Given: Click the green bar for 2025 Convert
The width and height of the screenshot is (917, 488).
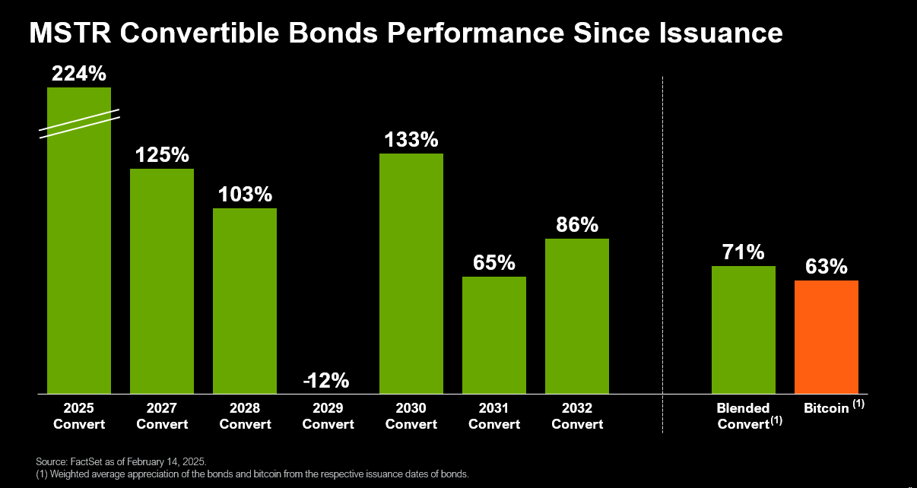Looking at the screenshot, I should click(x=79, y=258).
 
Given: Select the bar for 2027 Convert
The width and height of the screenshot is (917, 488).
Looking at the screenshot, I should click(x=162, y=281).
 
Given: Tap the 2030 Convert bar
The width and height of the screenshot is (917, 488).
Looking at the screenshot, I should click(x=411, y=274).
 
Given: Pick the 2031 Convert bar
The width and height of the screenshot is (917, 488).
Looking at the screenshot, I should click(x=493, y=334).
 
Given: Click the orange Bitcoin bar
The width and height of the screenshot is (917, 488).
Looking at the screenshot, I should click(x=826, y=337).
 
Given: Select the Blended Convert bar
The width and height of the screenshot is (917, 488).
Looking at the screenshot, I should click(x=743, y=329).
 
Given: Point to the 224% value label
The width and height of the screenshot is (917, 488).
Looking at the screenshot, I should click(x=79, y=74).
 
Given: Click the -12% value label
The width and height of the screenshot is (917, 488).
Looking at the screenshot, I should click(x=328, y=379).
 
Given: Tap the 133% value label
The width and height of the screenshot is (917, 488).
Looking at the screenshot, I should click(x=411, y=140).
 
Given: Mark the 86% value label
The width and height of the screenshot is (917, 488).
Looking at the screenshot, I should click(x=576, y=225).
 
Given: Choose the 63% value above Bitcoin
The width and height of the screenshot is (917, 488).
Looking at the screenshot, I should click(x=826, y=267).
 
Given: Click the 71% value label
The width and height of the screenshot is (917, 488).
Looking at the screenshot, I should click(x=743, y=252).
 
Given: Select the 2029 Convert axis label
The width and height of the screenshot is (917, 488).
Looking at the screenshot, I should click(x=328, y=416).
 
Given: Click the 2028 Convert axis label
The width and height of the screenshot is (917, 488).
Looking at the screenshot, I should click(x=245, y=416).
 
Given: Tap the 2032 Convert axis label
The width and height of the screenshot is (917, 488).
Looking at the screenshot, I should click(x=576, y=416).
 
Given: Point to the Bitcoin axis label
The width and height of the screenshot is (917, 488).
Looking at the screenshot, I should click(x=827, y=408).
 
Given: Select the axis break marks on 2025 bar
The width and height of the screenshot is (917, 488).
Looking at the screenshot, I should click(x=79, y=124).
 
